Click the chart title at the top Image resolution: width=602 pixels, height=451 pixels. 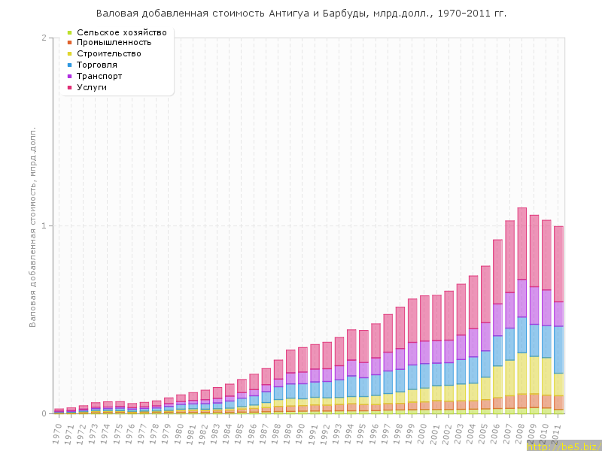[x=301, y=14]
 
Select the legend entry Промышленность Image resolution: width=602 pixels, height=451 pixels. [x=120, y=42]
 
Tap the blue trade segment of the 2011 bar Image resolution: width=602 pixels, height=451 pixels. [x=558, y=350]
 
